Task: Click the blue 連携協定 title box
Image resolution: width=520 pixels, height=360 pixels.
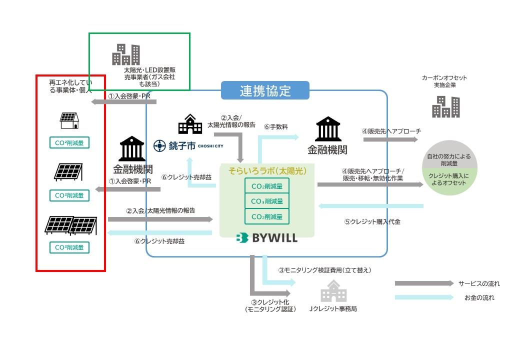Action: click(265, 90)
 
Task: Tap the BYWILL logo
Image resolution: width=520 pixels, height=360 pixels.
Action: click(267, 238)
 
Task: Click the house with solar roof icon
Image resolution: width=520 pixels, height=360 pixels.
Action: click(69, 120)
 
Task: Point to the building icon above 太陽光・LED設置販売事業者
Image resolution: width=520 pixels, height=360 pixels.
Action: click(125, 54)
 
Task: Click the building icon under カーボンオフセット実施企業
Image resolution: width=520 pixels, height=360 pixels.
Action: click(445, 105)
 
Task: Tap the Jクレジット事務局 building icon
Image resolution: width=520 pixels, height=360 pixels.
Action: click(333, 291)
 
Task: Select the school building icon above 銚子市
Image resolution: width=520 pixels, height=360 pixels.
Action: click(190, 123)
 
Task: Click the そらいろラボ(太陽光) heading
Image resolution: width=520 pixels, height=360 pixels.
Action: click(267, 170)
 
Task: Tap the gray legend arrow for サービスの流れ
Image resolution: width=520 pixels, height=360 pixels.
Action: click(422, 283)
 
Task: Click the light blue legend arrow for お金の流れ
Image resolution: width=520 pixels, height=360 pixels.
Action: click(422, 298)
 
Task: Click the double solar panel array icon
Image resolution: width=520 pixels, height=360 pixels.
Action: click(70, 224)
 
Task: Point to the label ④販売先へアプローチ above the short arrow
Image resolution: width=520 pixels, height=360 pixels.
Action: click(391, 131)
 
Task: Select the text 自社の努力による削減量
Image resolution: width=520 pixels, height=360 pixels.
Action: click(448, 159)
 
